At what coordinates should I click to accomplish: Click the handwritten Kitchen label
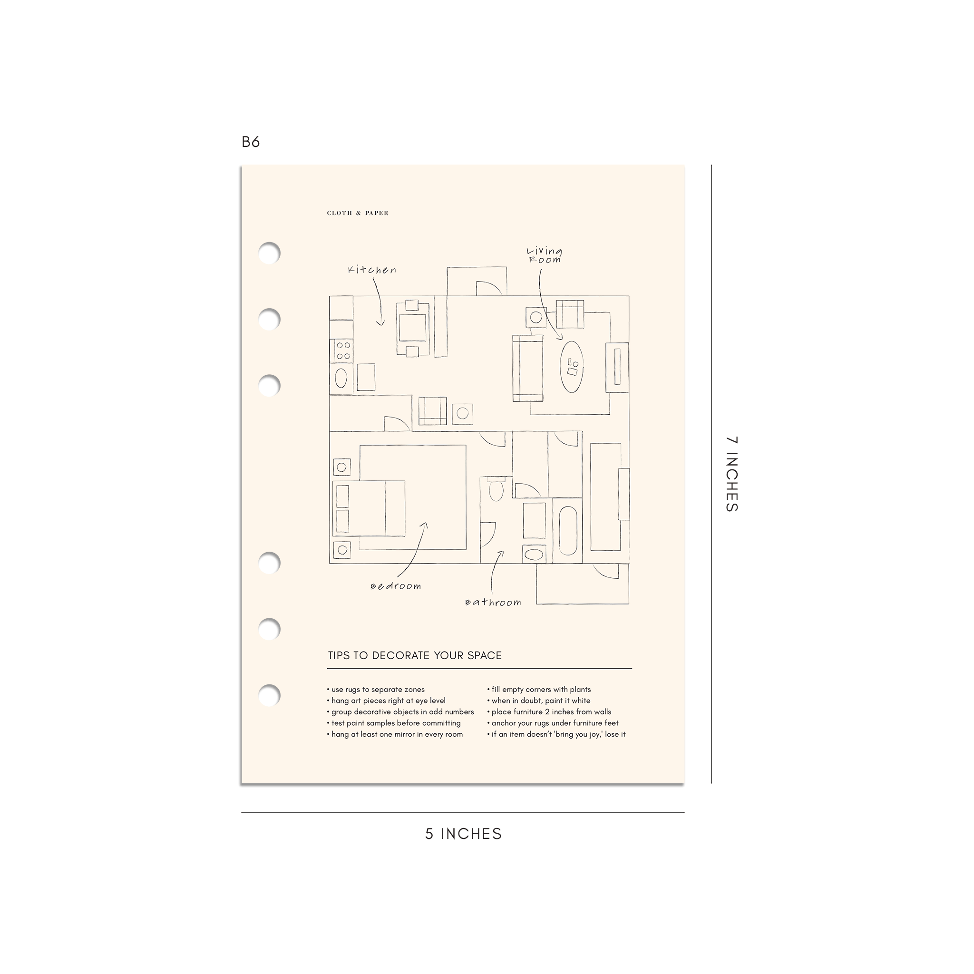[x=372, y=270]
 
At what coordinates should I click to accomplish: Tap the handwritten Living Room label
[x=545, y=255]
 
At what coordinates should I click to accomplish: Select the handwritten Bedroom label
[x=396, y=586]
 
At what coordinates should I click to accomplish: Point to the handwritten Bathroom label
[x=493, y=602]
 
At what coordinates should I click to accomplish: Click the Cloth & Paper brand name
[x=358, y=213]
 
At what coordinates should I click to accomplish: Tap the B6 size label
[x=251, y=142]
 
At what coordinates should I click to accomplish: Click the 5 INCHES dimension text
[x=463, y=834]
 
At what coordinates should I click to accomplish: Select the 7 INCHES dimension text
[x=731, y=474]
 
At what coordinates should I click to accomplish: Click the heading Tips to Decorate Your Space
[x=415, y=655]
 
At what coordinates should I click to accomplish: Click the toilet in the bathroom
[x=496, y=488]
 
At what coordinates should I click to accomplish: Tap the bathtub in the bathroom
[x=568, y=530]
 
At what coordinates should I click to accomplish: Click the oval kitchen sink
[x=341, y=378]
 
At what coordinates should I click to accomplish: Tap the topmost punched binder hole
[x=269, y=253]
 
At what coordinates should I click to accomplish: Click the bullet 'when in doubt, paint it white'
[x=538, y=701]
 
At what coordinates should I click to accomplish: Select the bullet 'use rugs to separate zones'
[x=376, y=690]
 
